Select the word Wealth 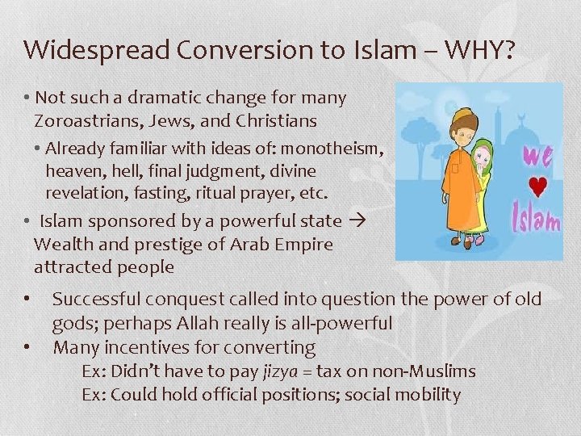click(61, 244)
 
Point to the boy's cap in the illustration click(466, 115)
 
